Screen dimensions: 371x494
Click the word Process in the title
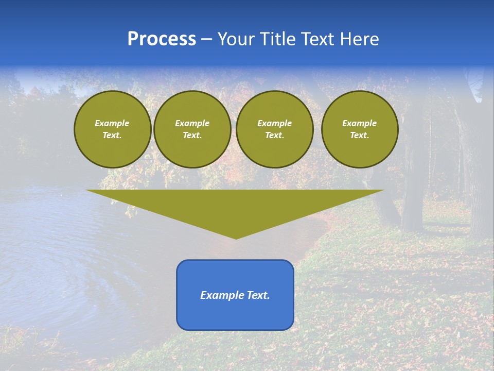[x=162, y=39]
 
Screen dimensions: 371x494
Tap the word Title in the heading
[x=277, y=39]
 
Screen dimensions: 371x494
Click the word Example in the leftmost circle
[x=112, y=123]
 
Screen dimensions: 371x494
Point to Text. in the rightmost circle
[x=360, y=135]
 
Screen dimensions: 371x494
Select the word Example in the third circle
[x=274, y=123]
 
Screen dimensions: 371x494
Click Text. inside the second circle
[x=192, y=135]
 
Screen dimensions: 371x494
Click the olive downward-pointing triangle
[x=236, y=206]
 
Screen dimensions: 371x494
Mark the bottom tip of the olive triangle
[x=236, y=238]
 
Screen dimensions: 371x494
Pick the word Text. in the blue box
[x=258, y=295]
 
